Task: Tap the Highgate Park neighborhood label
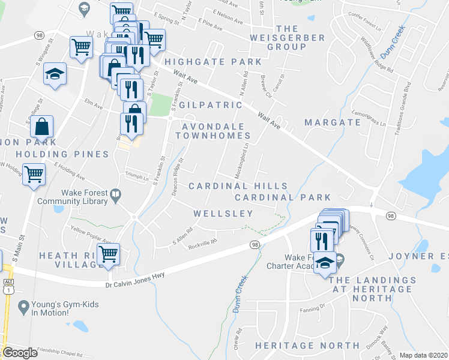pyautogui.click(x=213, y=62)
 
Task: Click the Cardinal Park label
pyautogui.click(x=283, y=197)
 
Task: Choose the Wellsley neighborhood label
pyautogui.click(x=223, y=214)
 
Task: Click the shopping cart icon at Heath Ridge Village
pyautogui.click(x=108, y=254)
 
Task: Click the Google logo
pyautogui.click(x=20, y=353)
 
